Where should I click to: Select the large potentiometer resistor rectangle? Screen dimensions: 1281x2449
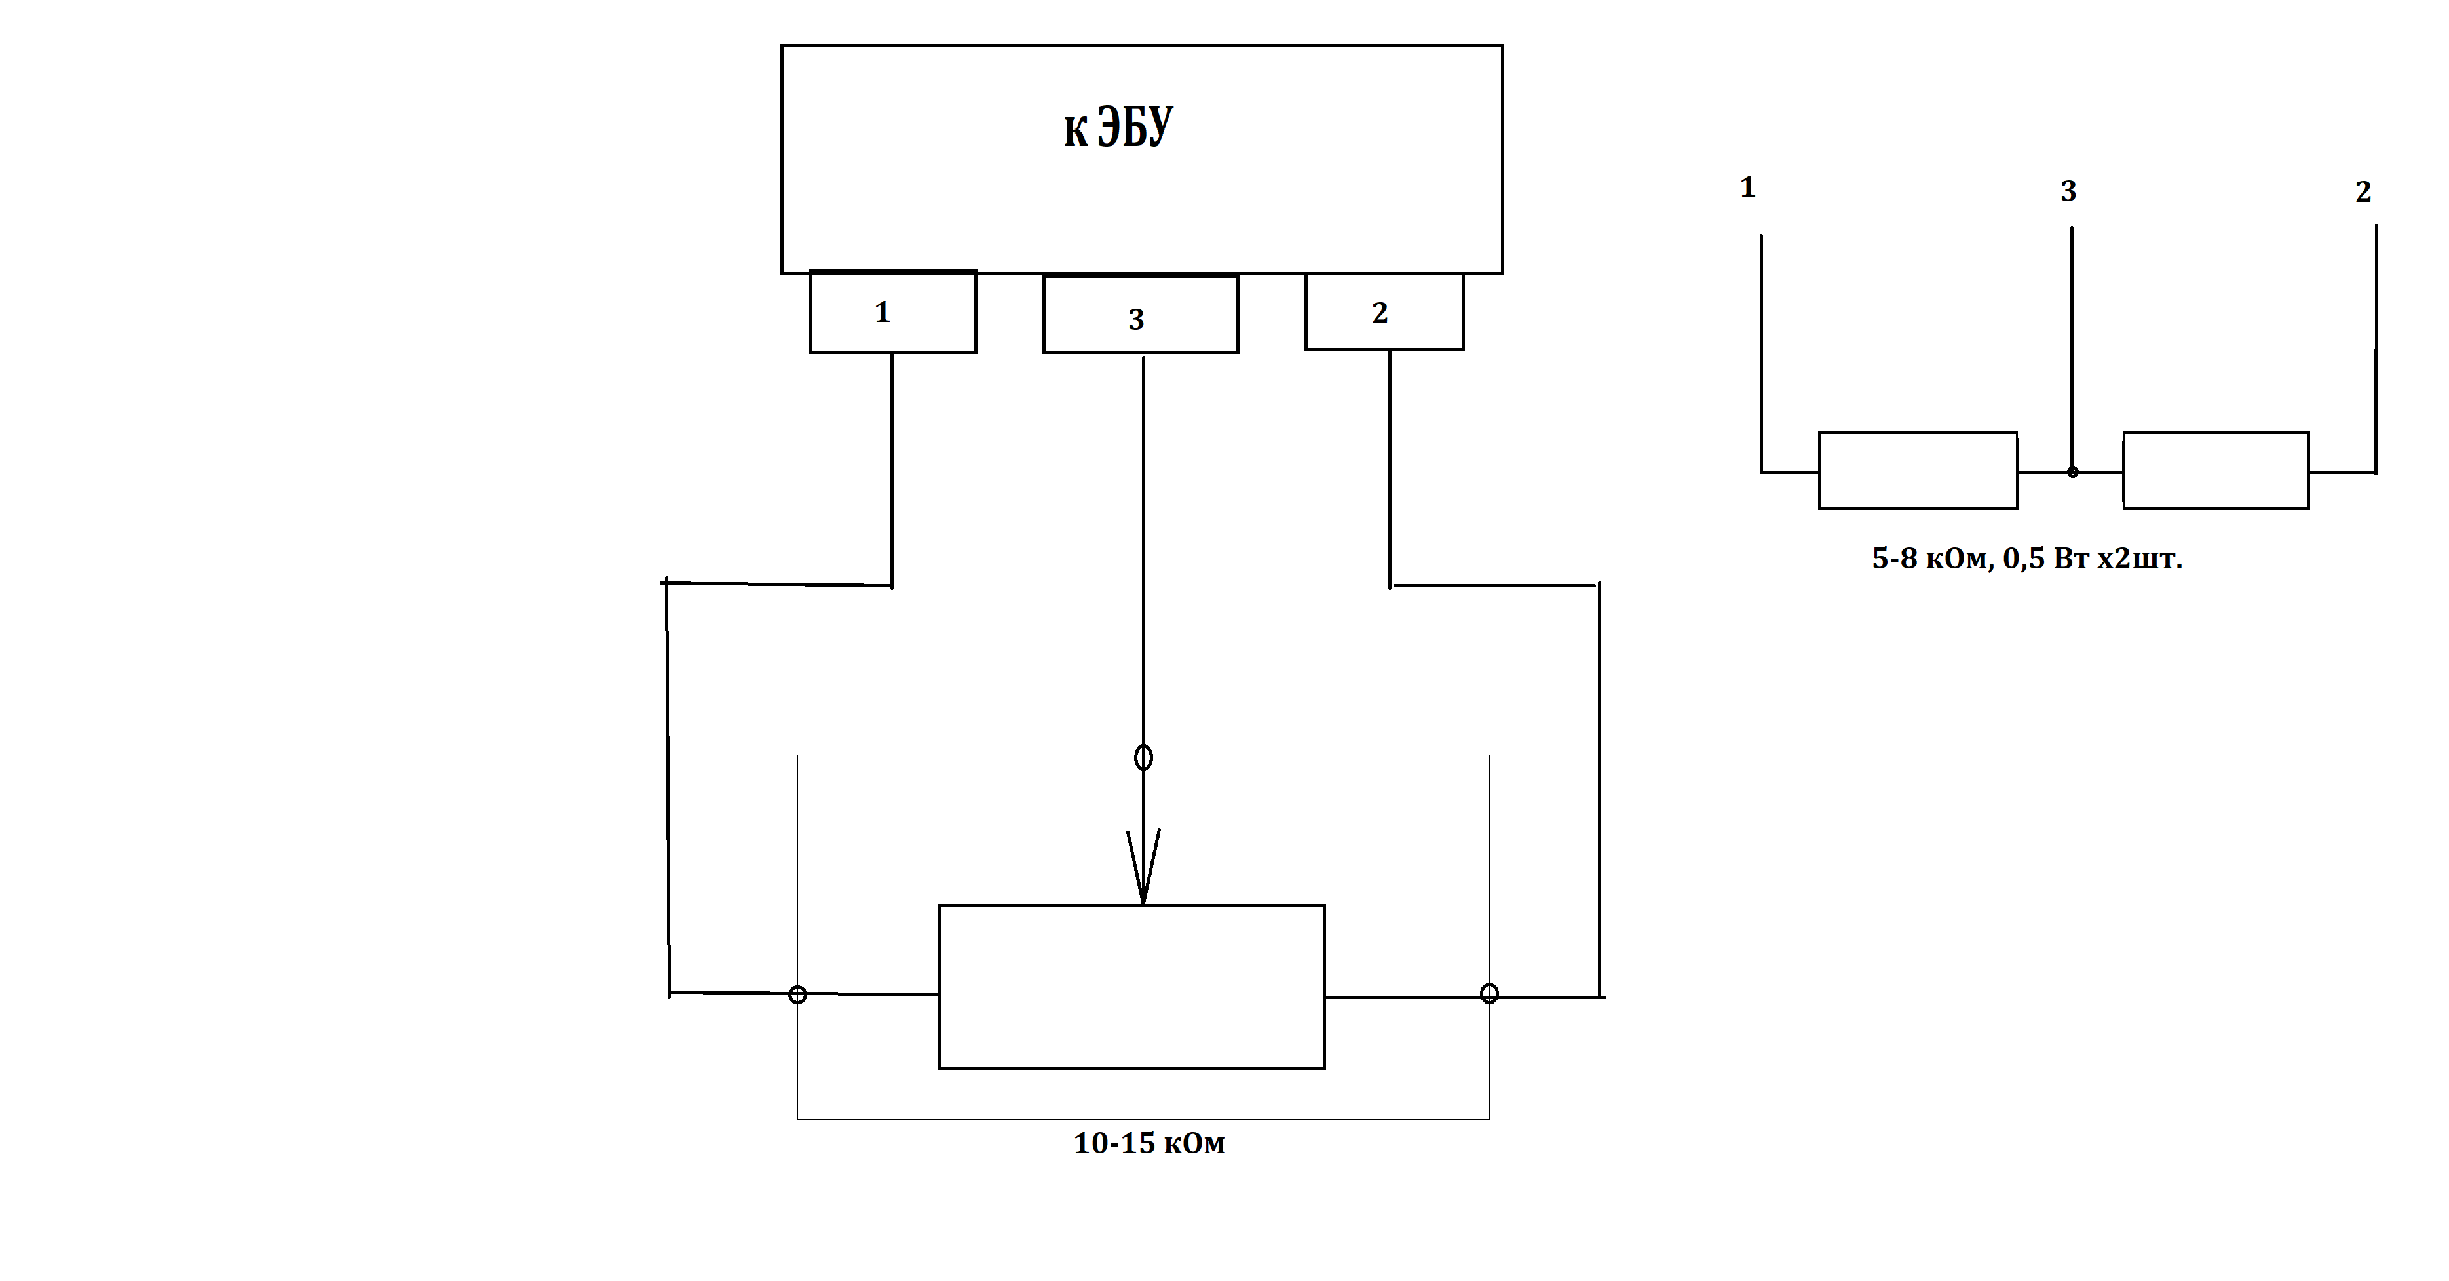1131,987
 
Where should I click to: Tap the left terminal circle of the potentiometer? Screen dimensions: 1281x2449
797,995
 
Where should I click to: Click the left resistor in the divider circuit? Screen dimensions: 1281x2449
1918,471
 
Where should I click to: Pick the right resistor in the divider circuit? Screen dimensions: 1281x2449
2216,471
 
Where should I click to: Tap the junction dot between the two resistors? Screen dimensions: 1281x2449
2072,472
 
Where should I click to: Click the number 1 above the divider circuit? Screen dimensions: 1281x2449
1747,187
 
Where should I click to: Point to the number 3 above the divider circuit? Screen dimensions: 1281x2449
2068,192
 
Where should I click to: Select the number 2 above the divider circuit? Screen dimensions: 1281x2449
2363,192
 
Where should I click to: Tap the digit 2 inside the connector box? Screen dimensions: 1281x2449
1380,313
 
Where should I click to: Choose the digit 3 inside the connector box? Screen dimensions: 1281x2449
1136,319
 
